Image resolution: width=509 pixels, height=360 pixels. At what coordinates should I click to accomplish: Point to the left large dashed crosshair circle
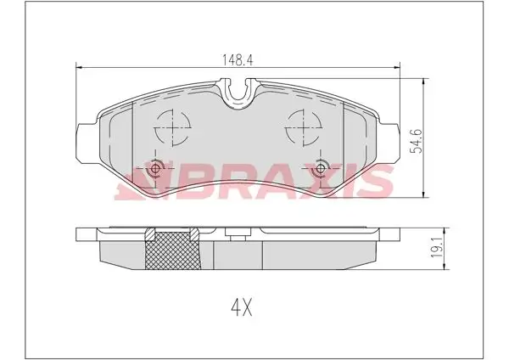click(172, 129)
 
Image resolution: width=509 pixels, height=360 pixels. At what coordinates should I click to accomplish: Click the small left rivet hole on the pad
click(155, 169)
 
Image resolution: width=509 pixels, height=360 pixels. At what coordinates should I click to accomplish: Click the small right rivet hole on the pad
click(321, 169)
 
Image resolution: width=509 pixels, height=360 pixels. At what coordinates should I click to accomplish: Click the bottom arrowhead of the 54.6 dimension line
click(423, 194)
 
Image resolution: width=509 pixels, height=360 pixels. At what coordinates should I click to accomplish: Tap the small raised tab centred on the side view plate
click(238, 230)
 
